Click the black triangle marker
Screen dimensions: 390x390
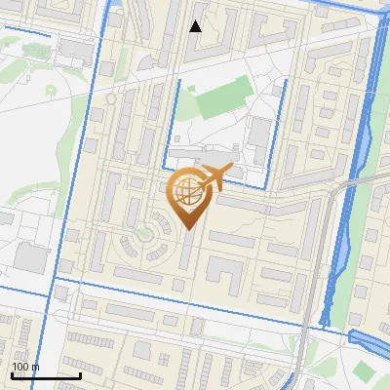click(195, 26)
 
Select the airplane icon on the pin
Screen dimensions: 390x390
click(214, 177)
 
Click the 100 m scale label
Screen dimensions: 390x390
click(25, 366)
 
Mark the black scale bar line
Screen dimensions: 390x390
click(46, 374)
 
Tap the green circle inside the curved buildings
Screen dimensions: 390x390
click(145, 233)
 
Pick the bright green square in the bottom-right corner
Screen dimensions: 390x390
click(364, 371)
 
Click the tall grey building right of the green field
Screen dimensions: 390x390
click(259, 136)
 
